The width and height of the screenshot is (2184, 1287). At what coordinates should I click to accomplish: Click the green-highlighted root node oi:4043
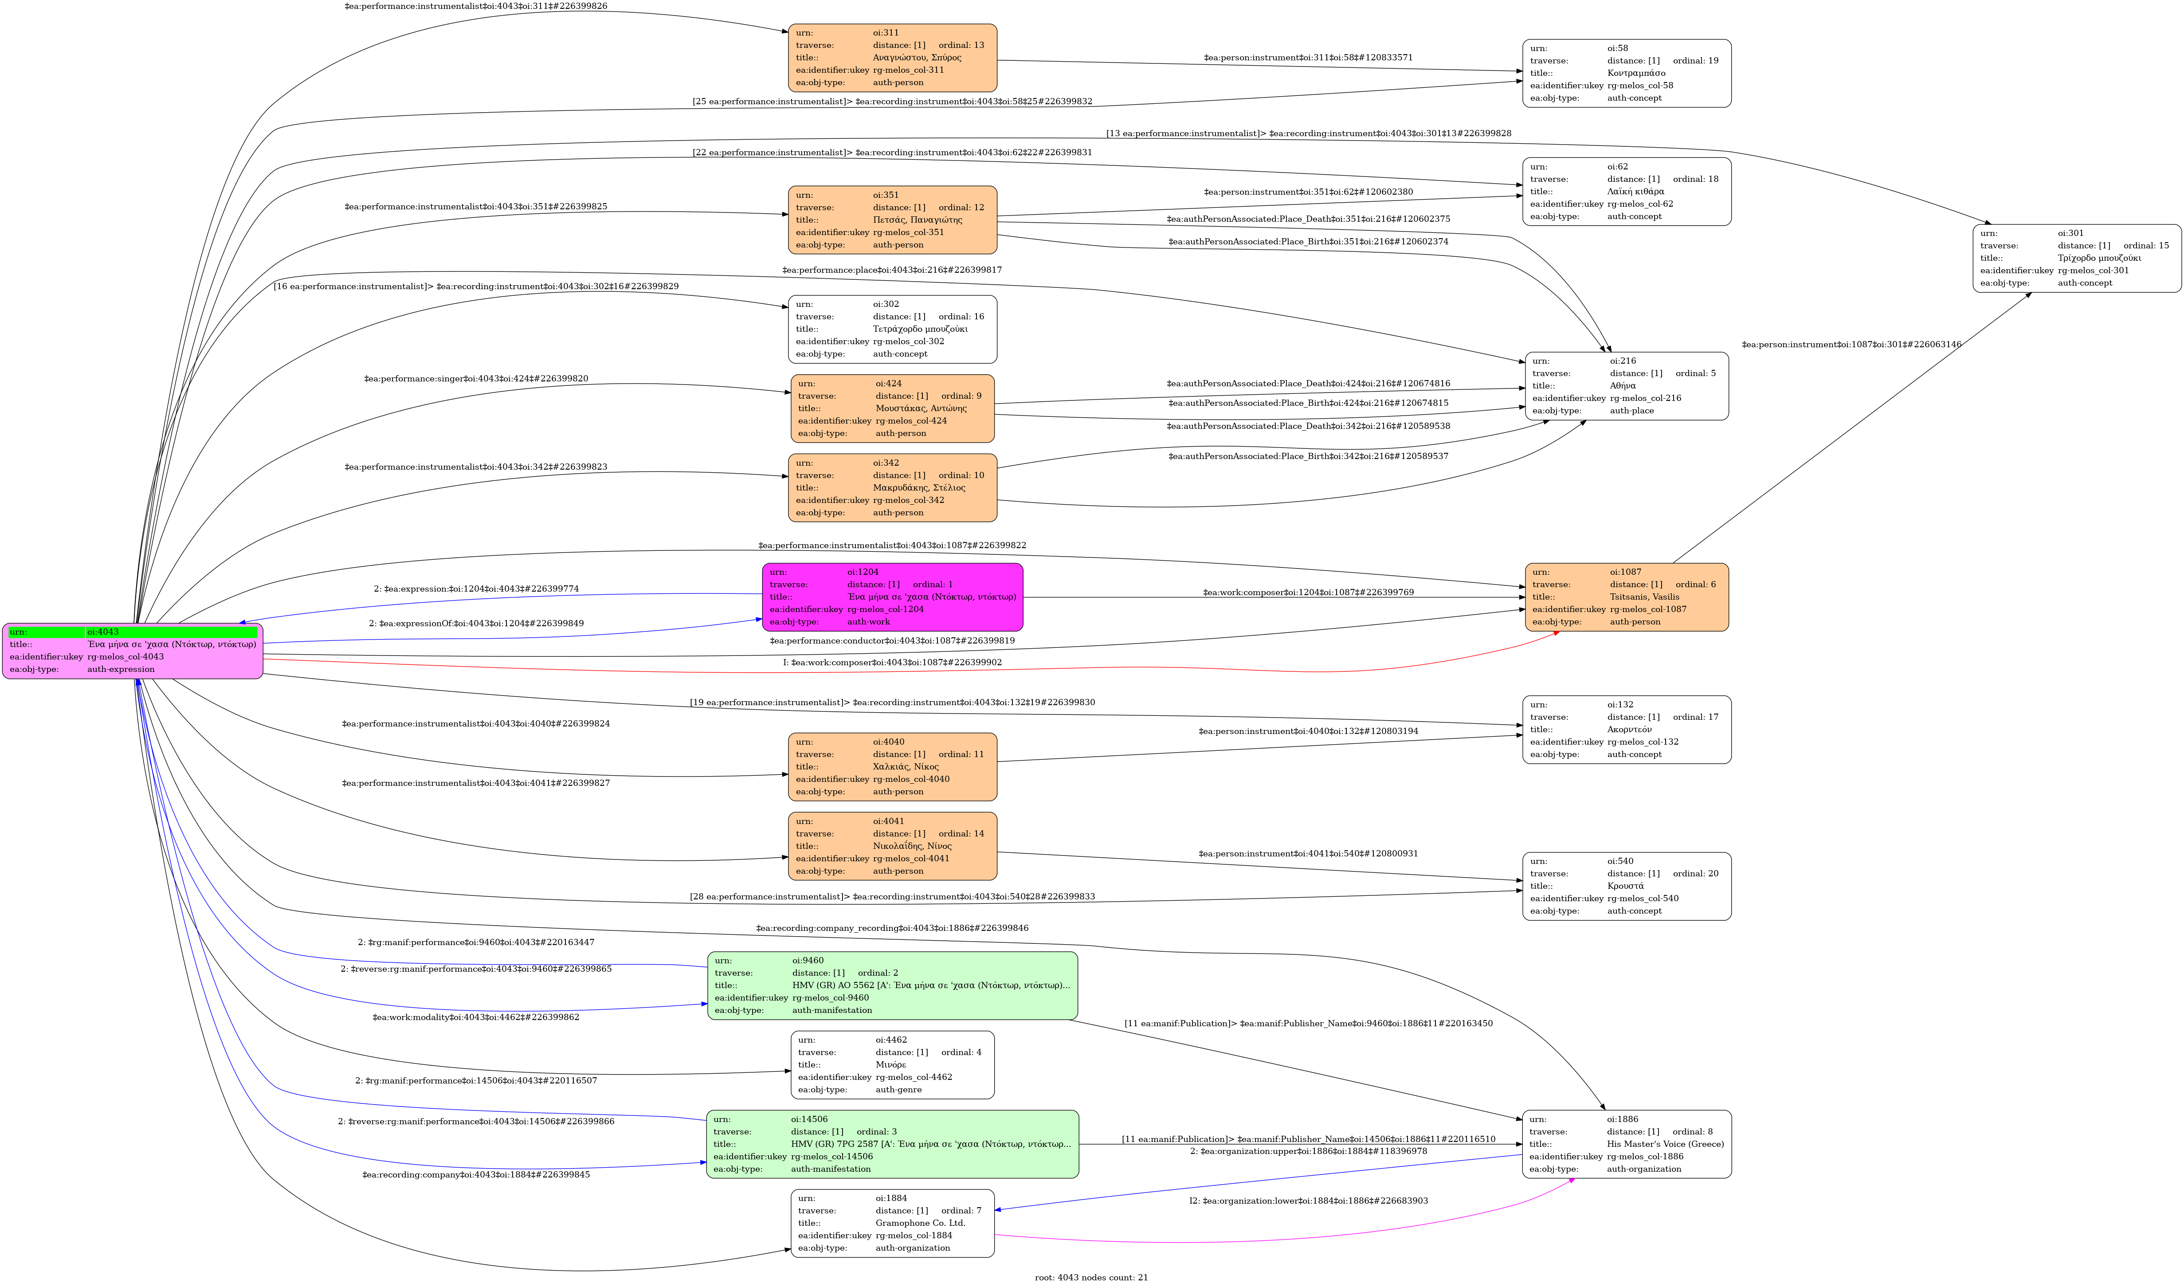(x=133, y=651)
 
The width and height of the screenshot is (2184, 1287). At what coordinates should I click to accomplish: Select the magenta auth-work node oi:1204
(x=892, y=596)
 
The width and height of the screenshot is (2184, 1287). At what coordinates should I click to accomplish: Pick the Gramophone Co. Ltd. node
(x=892, y=1223)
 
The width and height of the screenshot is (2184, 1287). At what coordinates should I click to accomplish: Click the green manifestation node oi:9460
(x=892, y=985)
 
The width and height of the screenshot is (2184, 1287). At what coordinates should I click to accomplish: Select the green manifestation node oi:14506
(x=892, y=1144)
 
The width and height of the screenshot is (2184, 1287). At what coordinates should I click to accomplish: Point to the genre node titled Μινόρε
(x=892, y=1064)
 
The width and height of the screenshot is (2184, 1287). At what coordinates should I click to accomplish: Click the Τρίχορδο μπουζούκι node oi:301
(x=2077, y=258)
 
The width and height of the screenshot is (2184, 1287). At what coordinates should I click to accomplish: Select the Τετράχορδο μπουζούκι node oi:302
(x=892, y=329)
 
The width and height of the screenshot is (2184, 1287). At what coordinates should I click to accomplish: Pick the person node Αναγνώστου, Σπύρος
(x=892, y=57)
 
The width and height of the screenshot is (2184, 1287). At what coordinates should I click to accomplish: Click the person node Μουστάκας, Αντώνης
(x=892, y=408)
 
